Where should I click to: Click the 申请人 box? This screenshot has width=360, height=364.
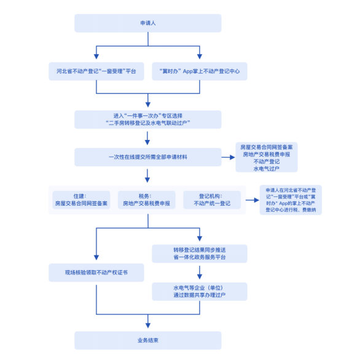(x=148, y=23)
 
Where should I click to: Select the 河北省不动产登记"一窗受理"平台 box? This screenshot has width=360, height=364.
(x=96, y=71)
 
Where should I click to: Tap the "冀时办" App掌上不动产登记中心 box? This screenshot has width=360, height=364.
(x=200, y=71)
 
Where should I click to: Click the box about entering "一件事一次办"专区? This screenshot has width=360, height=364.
(x=148, y=120)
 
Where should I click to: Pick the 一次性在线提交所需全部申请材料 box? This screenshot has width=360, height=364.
(x=148, y=157)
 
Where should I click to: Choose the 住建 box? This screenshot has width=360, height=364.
(x=81, y=200)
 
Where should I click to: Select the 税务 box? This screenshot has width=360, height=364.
(x=147, y=200)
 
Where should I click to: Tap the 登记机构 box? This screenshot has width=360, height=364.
(x=212, y=200)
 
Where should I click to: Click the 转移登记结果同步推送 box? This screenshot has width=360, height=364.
(x=200, y=254)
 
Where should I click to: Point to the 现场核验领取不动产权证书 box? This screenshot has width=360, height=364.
(x=96, y=273)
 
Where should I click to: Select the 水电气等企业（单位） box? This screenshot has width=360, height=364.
(x=200, y=292)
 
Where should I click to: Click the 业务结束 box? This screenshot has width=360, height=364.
(x=148, y=340)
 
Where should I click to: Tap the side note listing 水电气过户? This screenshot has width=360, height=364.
(x=267, y=157)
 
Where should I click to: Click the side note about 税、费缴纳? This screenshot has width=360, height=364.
(x=291, y=200)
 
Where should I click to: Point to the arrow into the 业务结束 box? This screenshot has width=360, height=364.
(x=148, y=321)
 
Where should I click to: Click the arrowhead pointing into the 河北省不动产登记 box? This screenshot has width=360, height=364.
(x=96, y=56)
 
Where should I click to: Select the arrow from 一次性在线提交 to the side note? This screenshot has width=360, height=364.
(x=228, y=157)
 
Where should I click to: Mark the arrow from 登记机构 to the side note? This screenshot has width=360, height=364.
(x=252, y=200)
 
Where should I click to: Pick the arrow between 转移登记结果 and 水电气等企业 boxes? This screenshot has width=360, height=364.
(x=200, y=273)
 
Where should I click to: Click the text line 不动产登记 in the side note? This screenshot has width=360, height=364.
(x=267, y=161)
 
